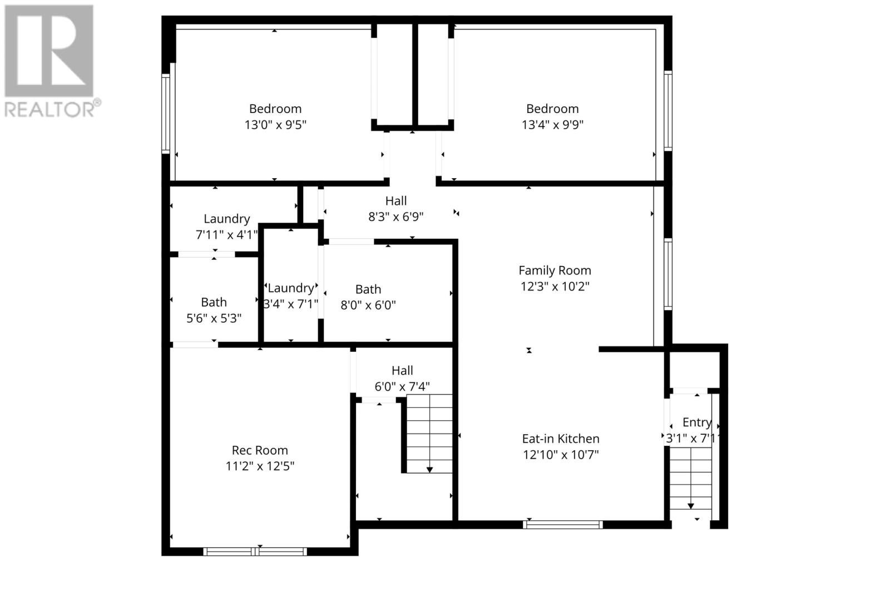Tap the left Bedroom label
pyautogui.click(x=275, y=109)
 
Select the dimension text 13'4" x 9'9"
pyautogui.click(x=552, y=125)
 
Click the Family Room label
pyautogui.click(x=555, y=271)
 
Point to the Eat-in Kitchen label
pyautogui.click(x=561, y=439)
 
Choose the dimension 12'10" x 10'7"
pyautogui.click(x=561, y=455)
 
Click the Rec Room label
pyautogui.click(x=260, y=450)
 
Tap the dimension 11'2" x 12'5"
pyautogui.click(x=260, y=466)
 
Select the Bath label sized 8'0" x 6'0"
pyautogui.click(x=368, y=289)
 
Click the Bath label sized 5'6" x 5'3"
pyautogui.click(x=214, y=302)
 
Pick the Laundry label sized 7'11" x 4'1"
pyautogui.click(x=226, y=219)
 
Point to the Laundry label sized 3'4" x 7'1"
pyautogui.click(x=290, y=288)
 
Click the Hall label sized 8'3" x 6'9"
pyautogui.click(x=396, y=201)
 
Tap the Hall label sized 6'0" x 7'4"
pyautogui.click(x=402, y=371)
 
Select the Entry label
pyautogui.click(x=696, y=422)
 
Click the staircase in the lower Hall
pyautogui.click(x=429, y=434)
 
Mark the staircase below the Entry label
pyautogui.click(x=690, y=479)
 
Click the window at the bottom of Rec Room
pyautogui.click(x=255, y=552)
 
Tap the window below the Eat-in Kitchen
pyautogui.click(x=563, y=524)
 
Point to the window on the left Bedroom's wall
pyautogui.click(x=166, y=114)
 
